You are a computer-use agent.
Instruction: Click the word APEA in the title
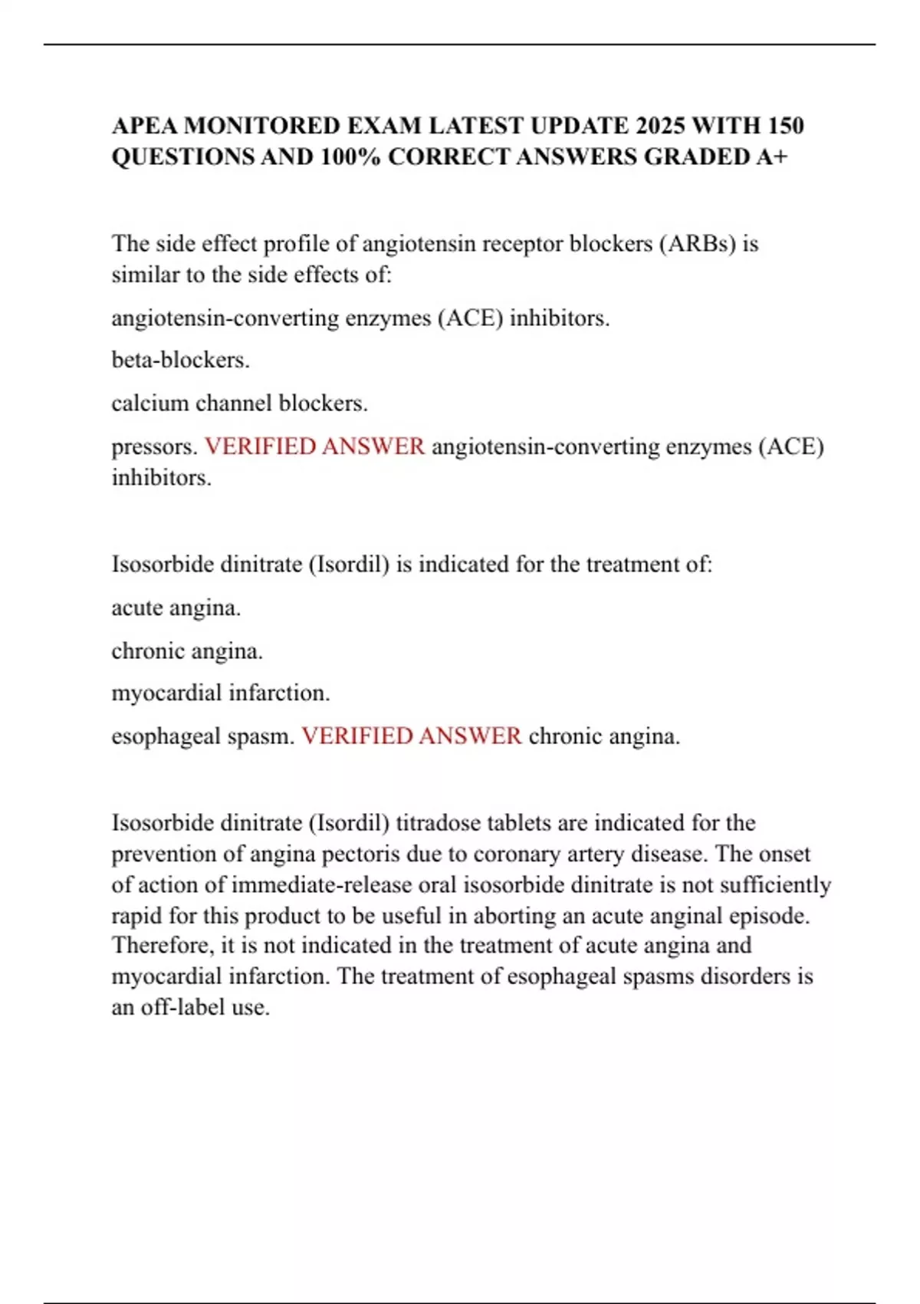(145, 125)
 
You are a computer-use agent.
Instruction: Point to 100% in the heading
(350, 156)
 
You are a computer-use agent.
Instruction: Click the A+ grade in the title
(771, 156)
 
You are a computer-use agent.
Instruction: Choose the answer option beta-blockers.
(181, 360)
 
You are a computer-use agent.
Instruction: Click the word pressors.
(154, 446)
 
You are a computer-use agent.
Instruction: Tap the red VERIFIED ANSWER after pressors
(314, 446)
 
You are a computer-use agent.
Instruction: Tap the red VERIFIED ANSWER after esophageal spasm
(412, 736)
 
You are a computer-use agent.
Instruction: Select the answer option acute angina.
(176, 608)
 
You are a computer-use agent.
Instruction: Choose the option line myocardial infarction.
(221, 693)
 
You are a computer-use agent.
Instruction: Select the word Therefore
(163, 945)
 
